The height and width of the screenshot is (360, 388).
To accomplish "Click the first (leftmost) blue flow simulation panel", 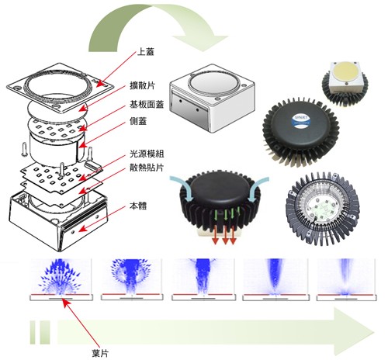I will (61, 282).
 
